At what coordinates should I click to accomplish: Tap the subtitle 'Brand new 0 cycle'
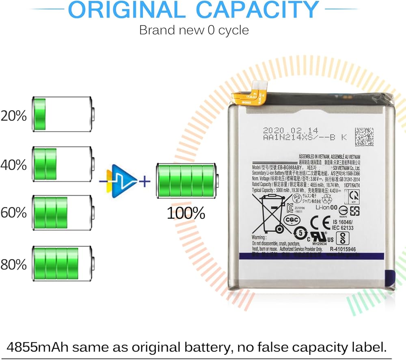(x=194, y=30)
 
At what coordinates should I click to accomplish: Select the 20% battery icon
(x=63, y=114)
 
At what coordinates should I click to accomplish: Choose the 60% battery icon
(x=63, y=212)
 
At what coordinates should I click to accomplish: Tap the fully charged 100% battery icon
(x=187, y=181)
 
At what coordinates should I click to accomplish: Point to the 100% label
(x=186, y=213)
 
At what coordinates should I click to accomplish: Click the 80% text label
(x=13, y=265)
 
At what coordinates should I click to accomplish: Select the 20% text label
(x=13, y=116)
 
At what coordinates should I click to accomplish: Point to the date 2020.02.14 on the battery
(x=285, y=130)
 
